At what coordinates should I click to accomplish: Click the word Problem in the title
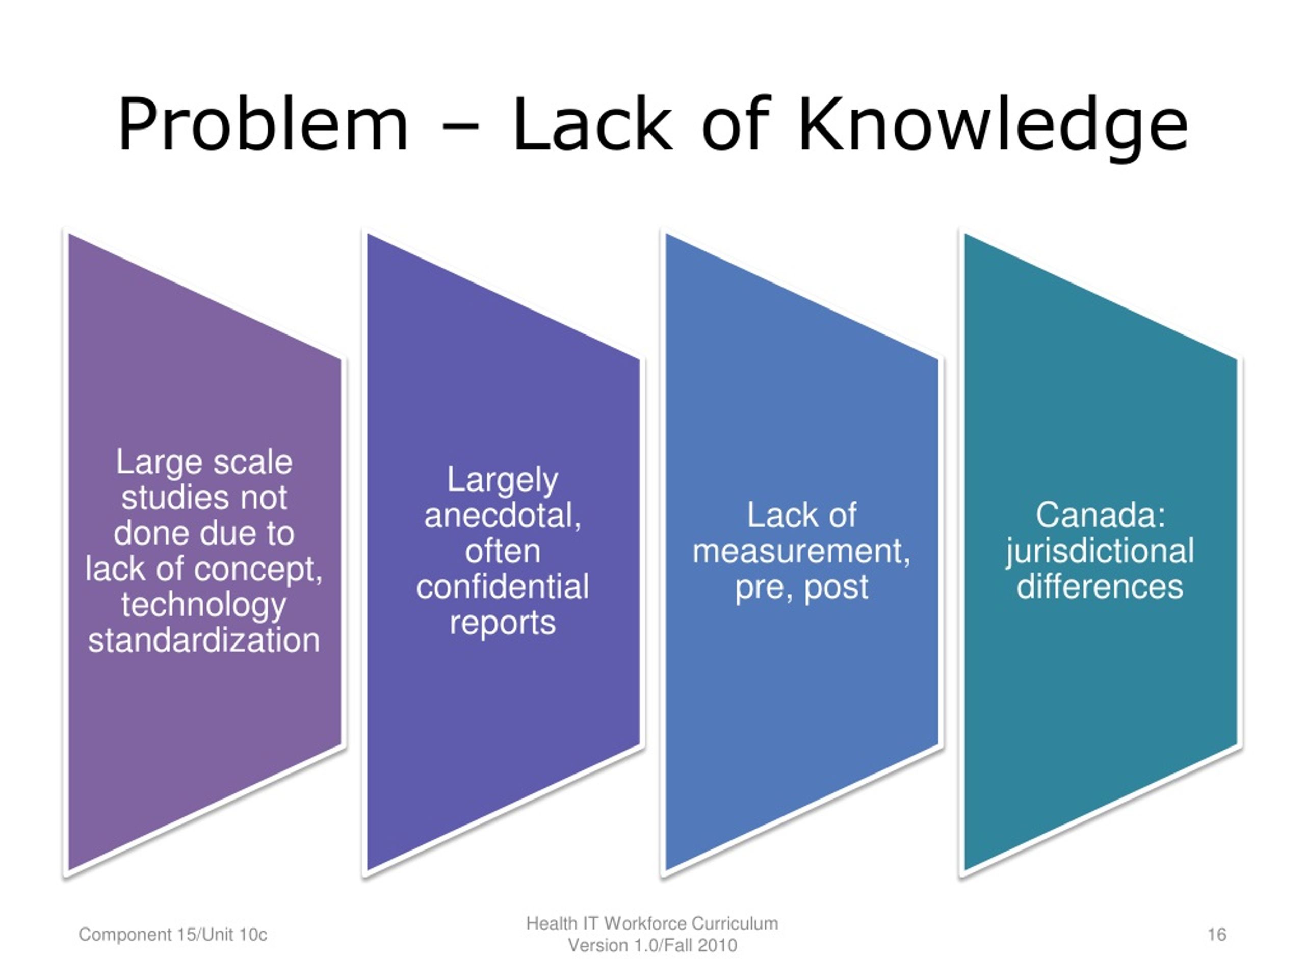click(x=263, y=124)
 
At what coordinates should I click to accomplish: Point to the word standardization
click(x=204, y=640)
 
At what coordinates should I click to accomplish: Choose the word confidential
click(x=503, y=586)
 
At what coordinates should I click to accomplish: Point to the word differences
click(x=1100, y=586)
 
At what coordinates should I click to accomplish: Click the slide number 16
click(x=1216, y=935)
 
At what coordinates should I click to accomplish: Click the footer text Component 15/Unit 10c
click(x=173, y=935)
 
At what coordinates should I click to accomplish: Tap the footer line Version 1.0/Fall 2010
click(x=652, y=946)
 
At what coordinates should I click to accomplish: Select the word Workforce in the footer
click(x=645, y=923)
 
